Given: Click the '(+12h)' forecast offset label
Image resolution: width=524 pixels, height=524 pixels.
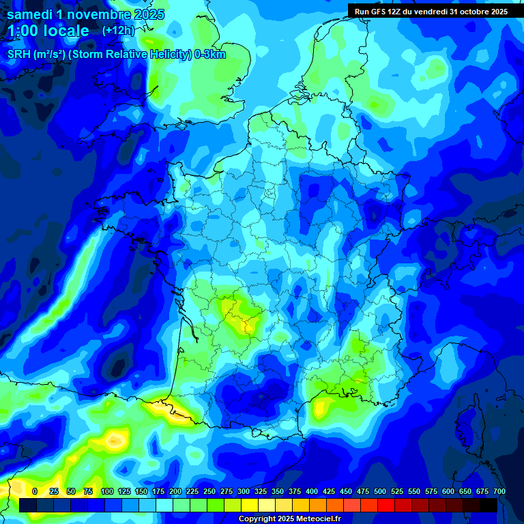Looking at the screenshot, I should [118, 31].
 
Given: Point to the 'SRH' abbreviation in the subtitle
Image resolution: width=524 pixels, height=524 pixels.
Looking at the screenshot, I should [18, 55].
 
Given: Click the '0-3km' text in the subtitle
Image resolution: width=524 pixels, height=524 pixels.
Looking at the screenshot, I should [210, 55].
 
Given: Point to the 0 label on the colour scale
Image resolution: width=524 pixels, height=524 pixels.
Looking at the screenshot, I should [35, 491].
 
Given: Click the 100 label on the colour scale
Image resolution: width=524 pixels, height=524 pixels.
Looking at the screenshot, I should [107, 491].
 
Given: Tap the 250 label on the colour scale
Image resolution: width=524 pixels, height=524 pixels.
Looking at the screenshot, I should [209, 491].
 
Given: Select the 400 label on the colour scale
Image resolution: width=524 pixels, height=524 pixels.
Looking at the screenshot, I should [312, 491].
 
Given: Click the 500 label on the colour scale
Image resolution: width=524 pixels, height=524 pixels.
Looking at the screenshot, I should [380, 491].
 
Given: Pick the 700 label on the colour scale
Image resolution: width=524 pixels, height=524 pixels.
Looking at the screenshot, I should [499, 491].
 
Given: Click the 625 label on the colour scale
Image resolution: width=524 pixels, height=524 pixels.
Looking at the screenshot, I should [465, 491].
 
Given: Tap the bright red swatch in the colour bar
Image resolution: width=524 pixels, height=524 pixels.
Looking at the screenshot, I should [386, 505].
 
